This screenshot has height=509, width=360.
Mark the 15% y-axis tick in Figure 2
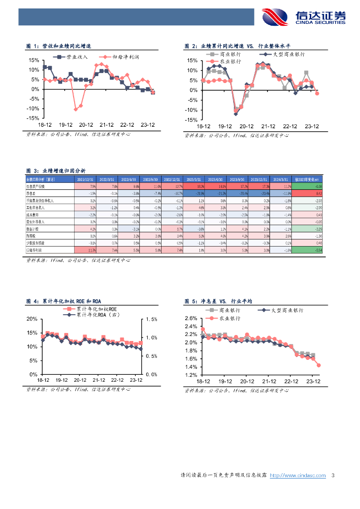191,60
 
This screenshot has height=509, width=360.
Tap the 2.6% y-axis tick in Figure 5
191,318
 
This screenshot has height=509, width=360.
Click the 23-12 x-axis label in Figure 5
312,381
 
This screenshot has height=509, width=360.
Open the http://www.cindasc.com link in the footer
297,476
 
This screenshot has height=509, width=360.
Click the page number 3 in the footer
333,476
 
